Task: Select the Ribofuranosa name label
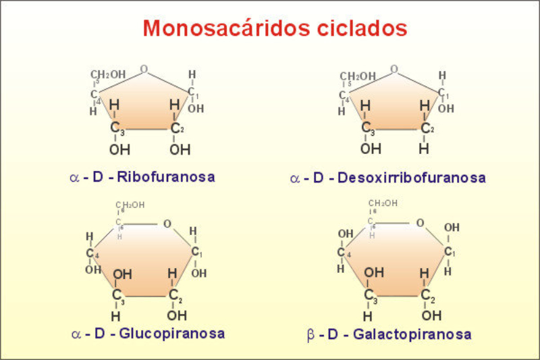point(166,178)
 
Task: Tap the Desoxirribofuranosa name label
point(412,178)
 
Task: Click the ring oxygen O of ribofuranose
point(144,69)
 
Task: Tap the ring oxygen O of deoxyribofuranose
point(394,70)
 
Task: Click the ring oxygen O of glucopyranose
point(167,224)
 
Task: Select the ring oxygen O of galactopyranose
point(420,223)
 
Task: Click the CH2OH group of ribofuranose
point(107,74)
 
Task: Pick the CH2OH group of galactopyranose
point(383,203)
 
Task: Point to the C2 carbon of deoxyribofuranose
point(425,128)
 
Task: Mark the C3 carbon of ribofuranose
point(115,128)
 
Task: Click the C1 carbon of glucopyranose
point(195,252)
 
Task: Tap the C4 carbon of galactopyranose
point(342,253)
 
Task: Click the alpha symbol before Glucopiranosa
point(76,334)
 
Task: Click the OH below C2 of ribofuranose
point(179,149)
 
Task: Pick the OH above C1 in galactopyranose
point(452,227)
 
